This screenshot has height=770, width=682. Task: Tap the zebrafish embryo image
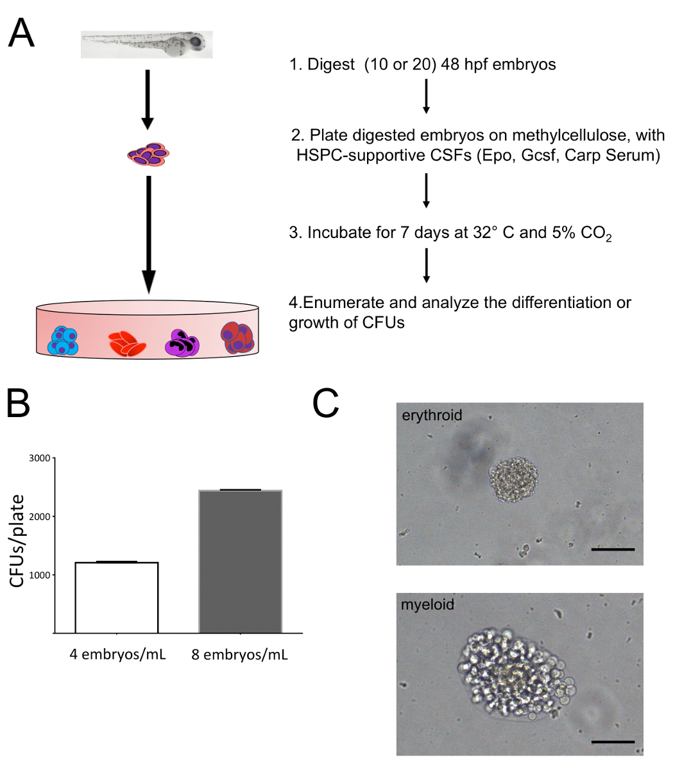(x=146, y=44)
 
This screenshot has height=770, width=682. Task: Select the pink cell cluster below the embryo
(x=148, y=155)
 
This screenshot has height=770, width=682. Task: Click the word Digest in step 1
(x=330, y=65)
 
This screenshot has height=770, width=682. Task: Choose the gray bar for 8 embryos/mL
(x=240, y=561)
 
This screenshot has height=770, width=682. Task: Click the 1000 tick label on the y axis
(x=40, y=575)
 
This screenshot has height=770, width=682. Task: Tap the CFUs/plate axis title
(x=18, y=540)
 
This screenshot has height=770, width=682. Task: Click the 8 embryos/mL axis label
(x=240, y=655)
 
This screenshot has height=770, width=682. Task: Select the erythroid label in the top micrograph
(x=432, y=415)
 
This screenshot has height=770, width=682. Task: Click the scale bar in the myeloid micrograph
(x=613, y=742)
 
